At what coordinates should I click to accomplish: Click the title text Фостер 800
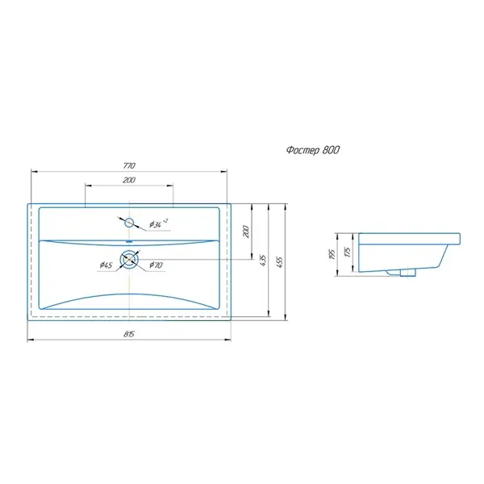pyautogui.click(x=313, y=150)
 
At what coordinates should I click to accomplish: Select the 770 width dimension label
pyautogui.click(x=129, y=165)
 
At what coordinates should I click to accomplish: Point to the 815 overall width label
pyautogui.click(x=129, y=334)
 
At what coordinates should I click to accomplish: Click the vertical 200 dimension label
pyautogui.click(x=246, y=232)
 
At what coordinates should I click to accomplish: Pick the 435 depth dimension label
pyautogui.click(x=263, y=261)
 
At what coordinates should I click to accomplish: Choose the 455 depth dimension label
pyautogui.click(x=279, y=262)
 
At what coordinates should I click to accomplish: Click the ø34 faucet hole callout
pyautogui.click(x=158, y=223)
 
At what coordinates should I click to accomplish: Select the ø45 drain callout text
pyautogui.click(x=106, y=265)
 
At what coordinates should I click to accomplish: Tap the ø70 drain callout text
pyautogui.click(x=156, y=265)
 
